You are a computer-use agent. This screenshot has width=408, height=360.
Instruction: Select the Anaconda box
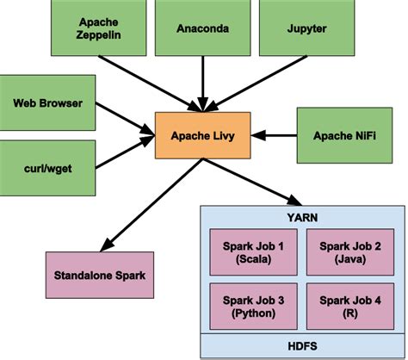tap(202, 28)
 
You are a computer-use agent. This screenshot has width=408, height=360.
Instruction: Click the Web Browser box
tap(47, 103)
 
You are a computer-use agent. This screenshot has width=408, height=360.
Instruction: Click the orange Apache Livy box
tap(202, 134)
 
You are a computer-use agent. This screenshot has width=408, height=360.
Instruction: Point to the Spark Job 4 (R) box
tap(352, 305)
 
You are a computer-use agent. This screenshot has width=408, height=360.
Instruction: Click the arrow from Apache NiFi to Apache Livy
tap(275, 134)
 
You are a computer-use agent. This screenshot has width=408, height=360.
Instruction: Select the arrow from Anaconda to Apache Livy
tap(202, 82)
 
